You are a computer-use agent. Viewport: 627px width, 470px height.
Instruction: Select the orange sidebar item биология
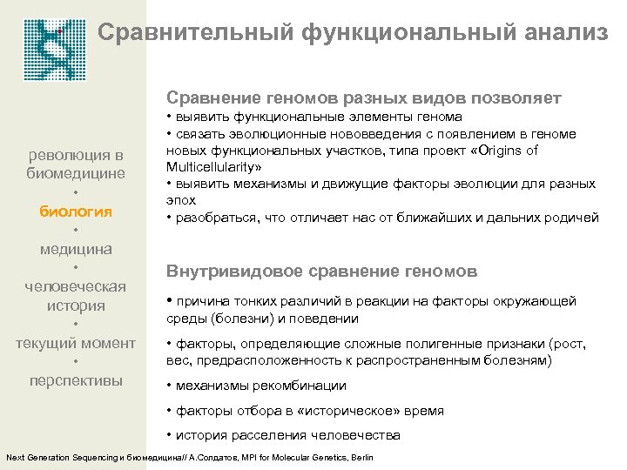click(x=76, y=211)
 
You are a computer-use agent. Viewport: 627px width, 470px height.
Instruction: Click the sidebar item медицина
click(x=76, y=249)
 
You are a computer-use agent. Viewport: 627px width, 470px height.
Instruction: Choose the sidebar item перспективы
click(x=76, y=380)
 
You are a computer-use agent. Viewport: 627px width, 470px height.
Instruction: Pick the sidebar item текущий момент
click(x=76, y=343)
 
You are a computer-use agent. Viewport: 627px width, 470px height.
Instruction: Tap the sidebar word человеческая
click(x=76, y=286)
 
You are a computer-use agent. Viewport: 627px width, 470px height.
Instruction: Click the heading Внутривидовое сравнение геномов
click(x=322, y=272)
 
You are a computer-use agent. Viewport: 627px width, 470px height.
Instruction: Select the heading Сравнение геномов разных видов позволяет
click(x=363, y=97)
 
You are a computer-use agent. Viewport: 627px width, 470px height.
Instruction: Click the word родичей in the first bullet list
click(x=571, y=217)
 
